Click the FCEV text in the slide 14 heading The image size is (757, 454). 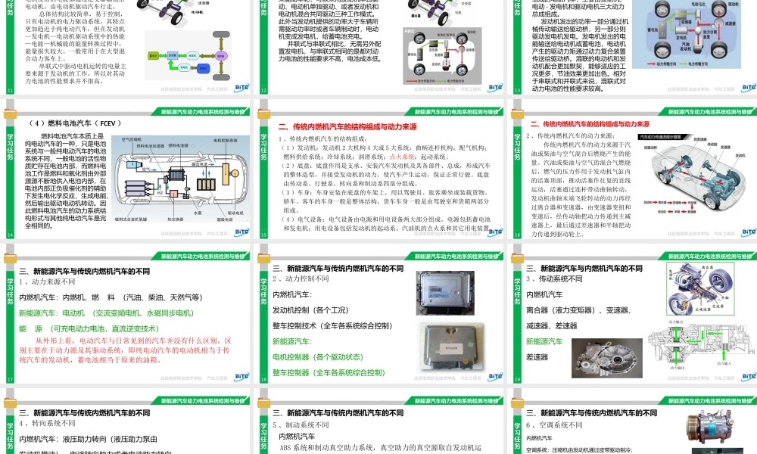pos(107,123)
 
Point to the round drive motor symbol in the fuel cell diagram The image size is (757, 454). pos(226,163)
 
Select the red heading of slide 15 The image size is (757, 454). pos(348,127)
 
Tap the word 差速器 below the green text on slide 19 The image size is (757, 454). pos(537,357)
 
